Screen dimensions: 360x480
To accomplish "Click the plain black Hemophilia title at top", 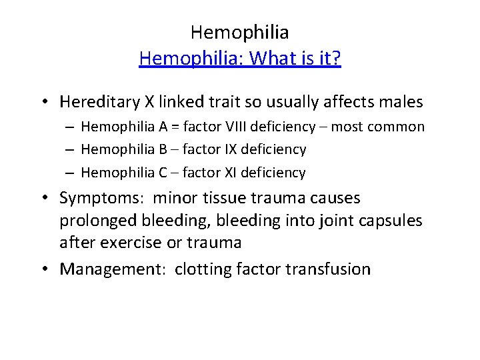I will [x=239, y=31].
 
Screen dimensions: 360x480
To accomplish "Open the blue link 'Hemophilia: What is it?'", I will [x=240, y=59].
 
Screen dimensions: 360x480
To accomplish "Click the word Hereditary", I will [x=98, y=102].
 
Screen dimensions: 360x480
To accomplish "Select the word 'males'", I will [x=401, y=102].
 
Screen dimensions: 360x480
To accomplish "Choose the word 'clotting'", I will [x=203, y=269].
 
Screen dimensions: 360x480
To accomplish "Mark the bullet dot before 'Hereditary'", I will [x=43, y=103].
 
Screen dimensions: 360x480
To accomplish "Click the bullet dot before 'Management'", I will [x=43, y=270].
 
